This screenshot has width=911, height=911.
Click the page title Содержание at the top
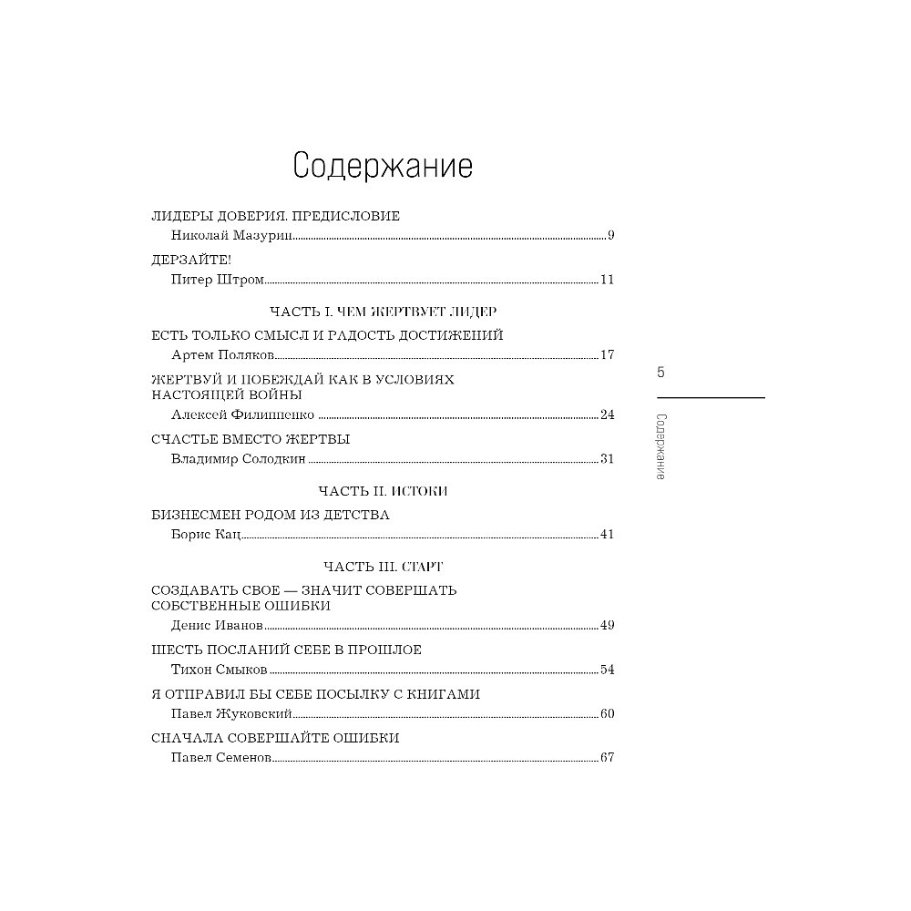[x=383, y=167]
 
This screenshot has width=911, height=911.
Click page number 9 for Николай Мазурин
[x=611, y=236]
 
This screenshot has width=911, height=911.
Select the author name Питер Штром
[x=218, y=280]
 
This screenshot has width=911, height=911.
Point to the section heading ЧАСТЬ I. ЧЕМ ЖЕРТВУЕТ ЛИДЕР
[x=383, y=312]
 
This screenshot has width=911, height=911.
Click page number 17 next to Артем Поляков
[x=607, y=355]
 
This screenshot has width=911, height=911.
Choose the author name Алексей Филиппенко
[x=242, y=415]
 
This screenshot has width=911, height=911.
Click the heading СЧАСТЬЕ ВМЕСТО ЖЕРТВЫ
[x=251, y=439]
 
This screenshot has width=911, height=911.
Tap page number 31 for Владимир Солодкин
[x=607, y=459]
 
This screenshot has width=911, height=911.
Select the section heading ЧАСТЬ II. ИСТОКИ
[x=383, y=491]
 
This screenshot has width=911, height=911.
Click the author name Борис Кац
[x=206, y=534]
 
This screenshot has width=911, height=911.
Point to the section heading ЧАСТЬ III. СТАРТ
[x=383, y=567]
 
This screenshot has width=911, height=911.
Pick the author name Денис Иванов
[x=217, y=626]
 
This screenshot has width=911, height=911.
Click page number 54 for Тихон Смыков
[x=607, y=670]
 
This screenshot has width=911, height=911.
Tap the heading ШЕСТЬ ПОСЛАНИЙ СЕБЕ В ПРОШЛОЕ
[x=286, y=650]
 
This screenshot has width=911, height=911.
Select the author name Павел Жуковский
[x=232, y=713]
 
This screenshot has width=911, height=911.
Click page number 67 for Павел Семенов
[x=607, y=758]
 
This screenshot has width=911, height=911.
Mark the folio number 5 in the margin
[x=661, y=372]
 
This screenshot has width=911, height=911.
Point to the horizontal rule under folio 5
[x=711, y=398]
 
